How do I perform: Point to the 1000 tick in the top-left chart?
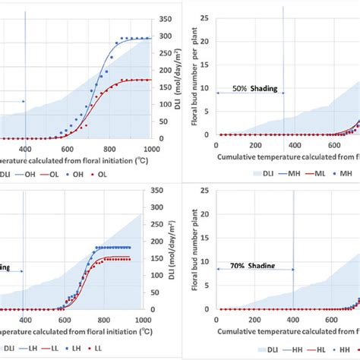(x=151, y=150)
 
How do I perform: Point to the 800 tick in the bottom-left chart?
(x=109, y=321)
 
